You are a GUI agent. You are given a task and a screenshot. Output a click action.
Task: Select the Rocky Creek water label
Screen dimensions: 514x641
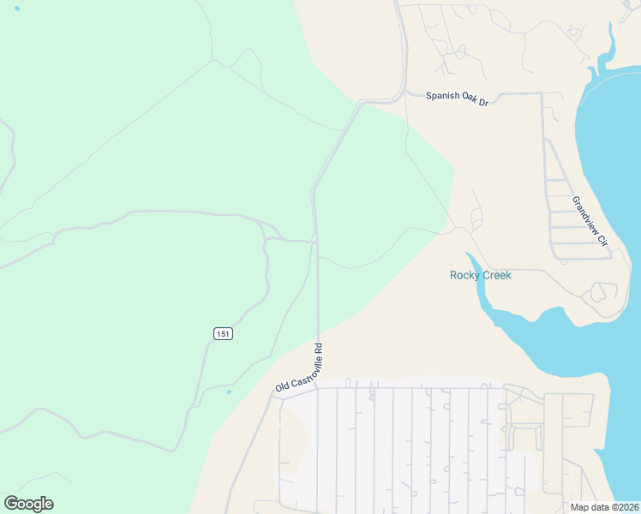(480, 275)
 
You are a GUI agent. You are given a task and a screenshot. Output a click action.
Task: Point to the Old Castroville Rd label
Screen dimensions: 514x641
(300, 368)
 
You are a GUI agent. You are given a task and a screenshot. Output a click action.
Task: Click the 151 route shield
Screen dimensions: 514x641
(223, 332)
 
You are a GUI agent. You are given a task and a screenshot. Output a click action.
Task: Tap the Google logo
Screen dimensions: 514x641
(28, 504)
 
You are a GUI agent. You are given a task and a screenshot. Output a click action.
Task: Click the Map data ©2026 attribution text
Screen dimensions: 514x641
(604, 507)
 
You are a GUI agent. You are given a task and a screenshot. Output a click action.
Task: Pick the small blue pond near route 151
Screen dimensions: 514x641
(228, 392)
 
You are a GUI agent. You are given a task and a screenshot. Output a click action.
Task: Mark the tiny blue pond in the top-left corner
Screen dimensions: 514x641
(17, 8)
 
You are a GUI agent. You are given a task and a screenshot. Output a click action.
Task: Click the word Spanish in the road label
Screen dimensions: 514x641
(443, 96)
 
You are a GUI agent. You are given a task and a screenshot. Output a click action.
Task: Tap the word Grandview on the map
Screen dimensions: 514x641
(585, 214)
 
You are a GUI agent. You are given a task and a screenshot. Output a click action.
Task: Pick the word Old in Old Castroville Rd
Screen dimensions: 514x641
(281, 388)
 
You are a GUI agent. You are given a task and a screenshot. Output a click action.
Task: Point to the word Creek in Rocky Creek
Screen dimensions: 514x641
(496, 275)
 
